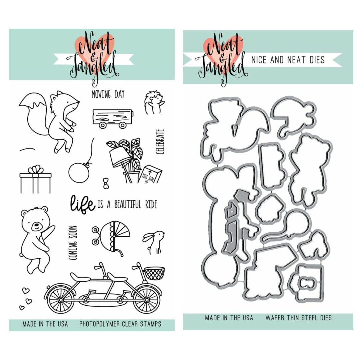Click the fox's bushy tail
click(34, 115)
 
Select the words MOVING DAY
click(108, 94)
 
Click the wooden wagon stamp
click(113, 119)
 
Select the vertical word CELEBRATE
click(160, 141)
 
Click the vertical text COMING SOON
click(73, 243)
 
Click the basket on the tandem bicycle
click(154, 273)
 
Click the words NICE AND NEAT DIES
click(288, 60)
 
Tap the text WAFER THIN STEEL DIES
click(298, 318)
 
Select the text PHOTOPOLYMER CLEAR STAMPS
click(120, 324)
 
